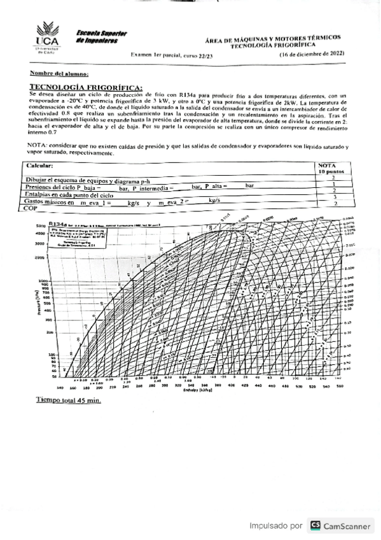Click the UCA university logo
(48, 39)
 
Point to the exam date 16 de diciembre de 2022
(311, 55)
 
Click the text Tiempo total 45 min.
(68, 401)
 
